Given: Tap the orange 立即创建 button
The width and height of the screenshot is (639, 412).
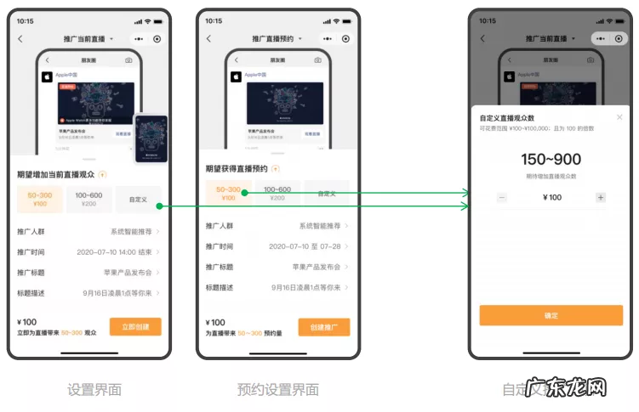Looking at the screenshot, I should [x=135, y=327].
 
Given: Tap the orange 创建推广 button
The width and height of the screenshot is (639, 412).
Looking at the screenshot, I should [x=323, y=327].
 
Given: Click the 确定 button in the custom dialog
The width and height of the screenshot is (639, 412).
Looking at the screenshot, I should [x=551, y=315].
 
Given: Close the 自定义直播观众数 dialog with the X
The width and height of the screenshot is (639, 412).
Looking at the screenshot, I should [x=619, y=117].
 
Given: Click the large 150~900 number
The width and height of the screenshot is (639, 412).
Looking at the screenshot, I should [x=551, y=159].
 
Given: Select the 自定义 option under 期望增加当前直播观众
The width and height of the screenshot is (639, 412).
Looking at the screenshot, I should [x=138, y=200].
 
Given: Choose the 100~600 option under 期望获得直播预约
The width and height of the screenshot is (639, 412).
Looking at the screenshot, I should [x=277, y=194].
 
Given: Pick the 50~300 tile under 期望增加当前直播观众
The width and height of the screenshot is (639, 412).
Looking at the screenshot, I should [x=40, y=200].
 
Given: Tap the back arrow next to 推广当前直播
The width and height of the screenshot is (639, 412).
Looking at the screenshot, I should [x=21, y=39].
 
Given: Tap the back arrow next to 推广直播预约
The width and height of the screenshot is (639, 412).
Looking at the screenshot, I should [x=209, y=39].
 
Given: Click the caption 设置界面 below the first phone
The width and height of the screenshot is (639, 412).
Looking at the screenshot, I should [x=94, y=390].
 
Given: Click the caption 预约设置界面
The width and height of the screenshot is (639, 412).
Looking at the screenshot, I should [x=278, y=390].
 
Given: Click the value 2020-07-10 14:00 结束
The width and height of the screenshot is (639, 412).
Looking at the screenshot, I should [x=114, y=252].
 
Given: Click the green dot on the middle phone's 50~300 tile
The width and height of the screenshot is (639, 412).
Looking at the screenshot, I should [x=244, y=194].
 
